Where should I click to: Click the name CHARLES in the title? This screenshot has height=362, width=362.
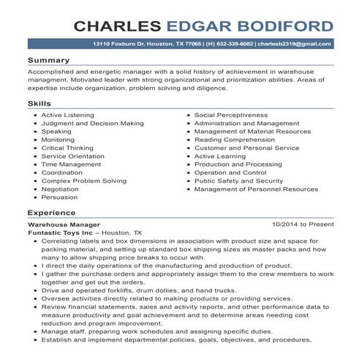(118, 26)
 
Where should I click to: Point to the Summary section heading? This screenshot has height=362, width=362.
(49, 59)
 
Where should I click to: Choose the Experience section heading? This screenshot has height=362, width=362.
(52, 213)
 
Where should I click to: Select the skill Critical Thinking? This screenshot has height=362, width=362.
(67, 148)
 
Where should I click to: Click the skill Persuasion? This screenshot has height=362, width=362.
(59, 197)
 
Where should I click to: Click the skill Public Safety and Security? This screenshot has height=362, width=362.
(238, 181)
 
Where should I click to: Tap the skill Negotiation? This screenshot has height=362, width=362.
(60, 189)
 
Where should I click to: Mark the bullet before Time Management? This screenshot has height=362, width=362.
(35, 165)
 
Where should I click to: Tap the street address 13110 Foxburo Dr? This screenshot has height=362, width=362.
(119, 45)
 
